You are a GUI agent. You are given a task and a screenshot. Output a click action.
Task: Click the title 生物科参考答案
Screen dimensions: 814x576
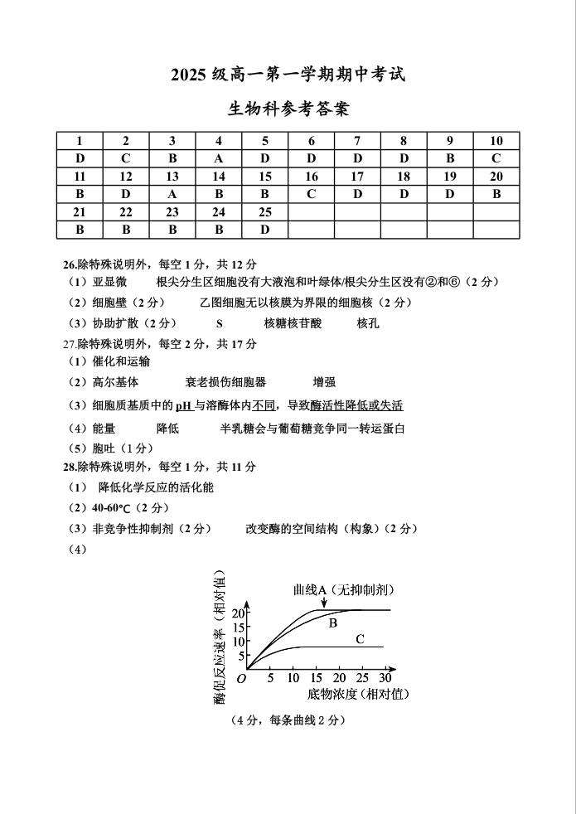pyautogui.click(x=288, y=109)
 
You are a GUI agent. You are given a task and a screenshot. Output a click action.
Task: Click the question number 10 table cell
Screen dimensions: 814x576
pyautogui.click(x=496, y=141)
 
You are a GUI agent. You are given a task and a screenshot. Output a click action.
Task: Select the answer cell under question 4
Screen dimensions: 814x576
pyautogui.click(x=219, y=158)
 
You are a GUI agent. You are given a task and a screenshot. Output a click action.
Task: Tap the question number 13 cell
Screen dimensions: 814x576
pyautogui.click(x=172, y=177)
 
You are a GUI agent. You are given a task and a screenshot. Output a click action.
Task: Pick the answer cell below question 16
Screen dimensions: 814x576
pyautogui.click(x=312, y=194)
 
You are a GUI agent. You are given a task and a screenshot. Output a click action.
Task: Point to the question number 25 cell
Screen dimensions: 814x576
pyautogui.click(x=265, y=212)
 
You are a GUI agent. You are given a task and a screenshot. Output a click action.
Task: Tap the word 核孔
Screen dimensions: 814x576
pyautogui.click(x=368, y=323)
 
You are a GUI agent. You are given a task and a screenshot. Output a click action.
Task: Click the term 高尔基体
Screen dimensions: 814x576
pyautogui.click(x=116, y=382)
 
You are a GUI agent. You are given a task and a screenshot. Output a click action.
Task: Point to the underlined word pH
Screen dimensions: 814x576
pyautogui.click(x=183, y=405)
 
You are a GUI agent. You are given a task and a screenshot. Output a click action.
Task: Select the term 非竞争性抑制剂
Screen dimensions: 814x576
pyautogui.click(x=133, y=528)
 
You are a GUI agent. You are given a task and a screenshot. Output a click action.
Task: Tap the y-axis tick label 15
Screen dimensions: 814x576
pyautogui.click(x=240, y=627)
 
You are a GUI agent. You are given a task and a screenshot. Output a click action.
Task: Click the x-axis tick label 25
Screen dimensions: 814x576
pyautogui.click(x=362, y=678)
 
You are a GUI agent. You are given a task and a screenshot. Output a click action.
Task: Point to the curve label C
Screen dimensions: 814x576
pyautogui.click(x=360, y=639)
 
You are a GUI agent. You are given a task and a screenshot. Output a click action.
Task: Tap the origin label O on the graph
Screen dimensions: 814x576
pyautogui.click(x=241, y=679)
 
